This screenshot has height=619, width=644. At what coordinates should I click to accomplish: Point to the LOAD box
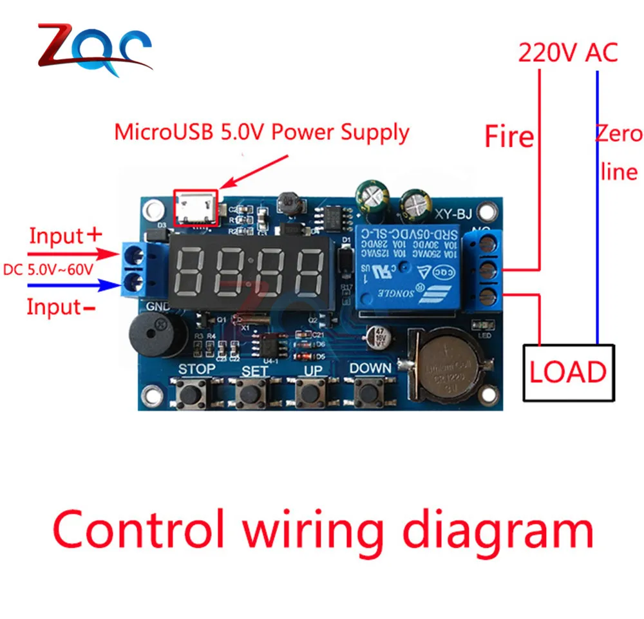(568, 373)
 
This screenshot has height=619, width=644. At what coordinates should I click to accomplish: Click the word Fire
(509, 137)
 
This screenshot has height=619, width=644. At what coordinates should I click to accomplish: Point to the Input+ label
(65, 236)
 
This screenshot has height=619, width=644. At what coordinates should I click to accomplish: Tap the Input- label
(61, 307)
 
